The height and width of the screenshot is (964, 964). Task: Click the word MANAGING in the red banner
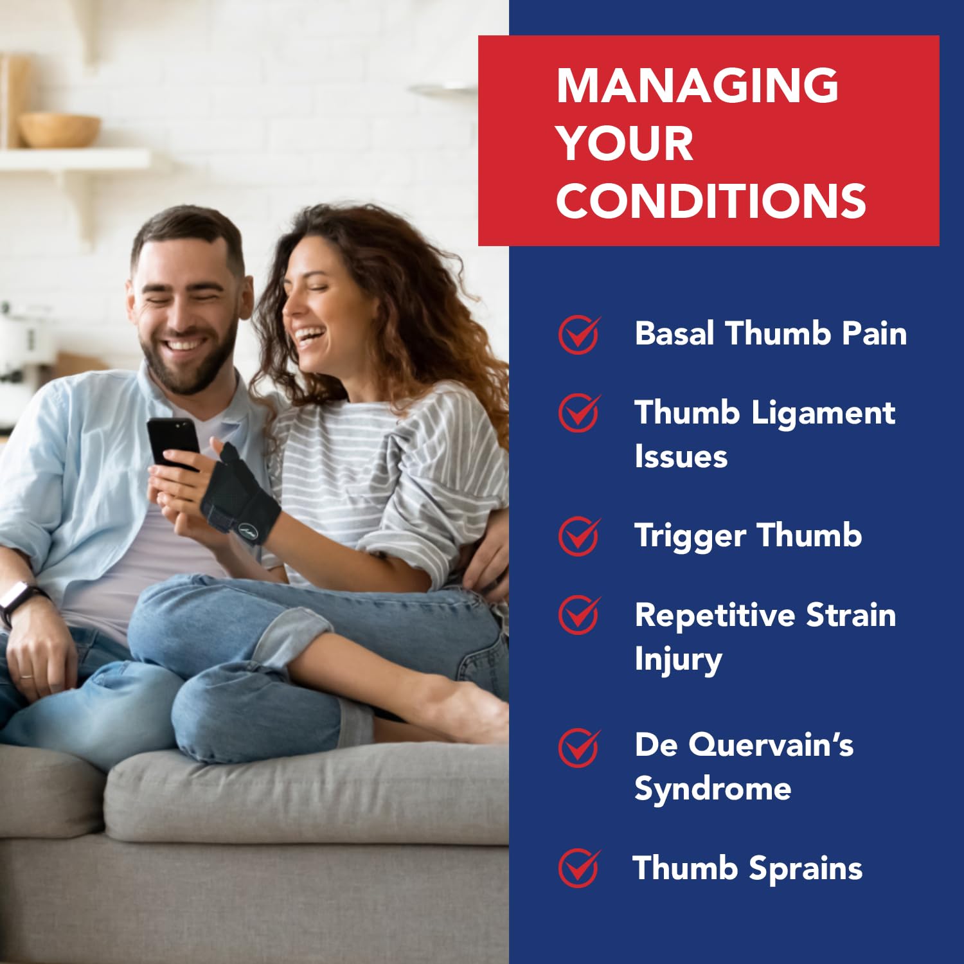point(697,85)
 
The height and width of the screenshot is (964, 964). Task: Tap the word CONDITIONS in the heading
point(711,200)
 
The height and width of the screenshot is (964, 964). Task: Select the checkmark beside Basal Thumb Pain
point(579,334)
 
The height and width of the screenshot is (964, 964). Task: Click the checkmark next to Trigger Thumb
point(579,536)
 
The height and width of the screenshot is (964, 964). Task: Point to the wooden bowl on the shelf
point(58,130)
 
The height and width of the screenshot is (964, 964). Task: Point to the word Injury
point(678,660)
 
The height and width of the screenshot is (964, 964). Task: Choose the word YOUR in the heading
point(625,143)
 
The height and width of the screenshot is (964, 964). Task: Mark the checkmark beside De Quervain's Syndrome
point(579,747)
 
